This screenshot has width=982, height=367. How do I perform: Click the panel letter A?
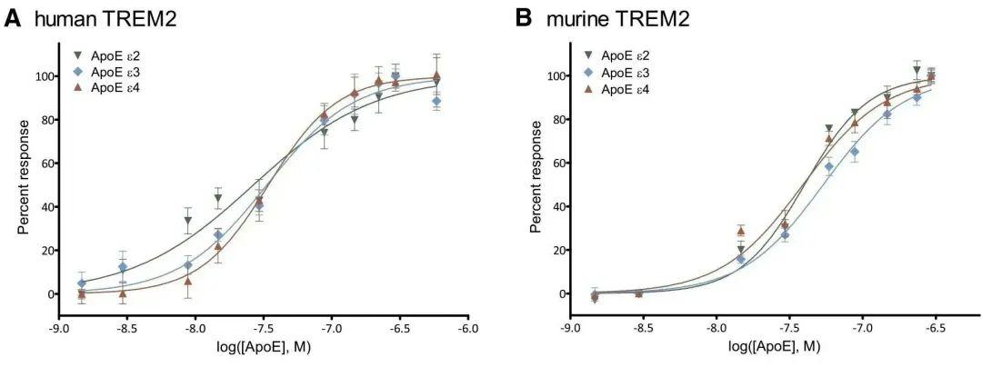click(x=13, y=18)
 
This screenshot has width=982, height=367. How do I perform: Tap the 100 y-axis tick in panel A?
click(x=42, y=75)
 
